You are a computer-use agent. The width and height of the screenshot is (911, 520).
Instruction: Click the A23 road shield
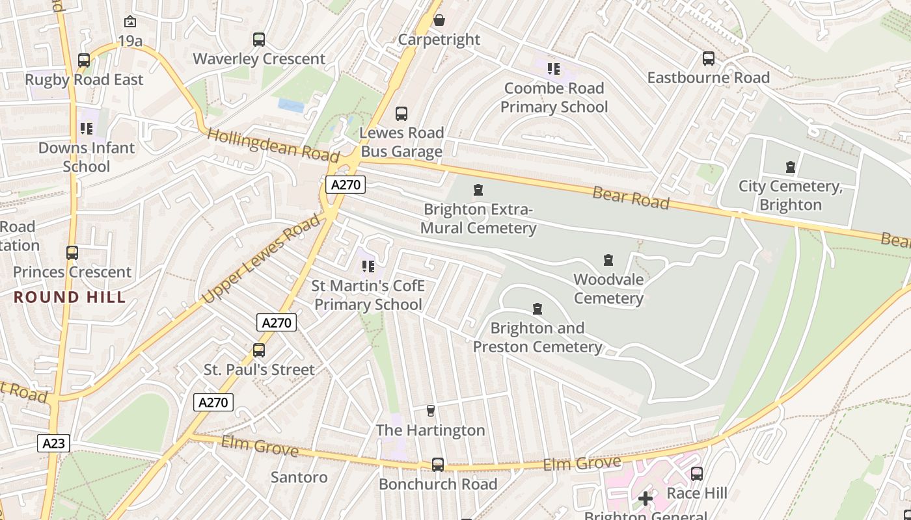(x=53, y=443)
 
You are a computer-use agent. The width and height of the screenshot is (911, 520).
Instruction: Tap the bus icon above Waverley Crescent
(x=259, y=40)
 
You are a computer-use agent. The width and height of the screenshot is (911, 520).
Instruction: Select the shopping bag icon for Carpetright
(x=439, y=20)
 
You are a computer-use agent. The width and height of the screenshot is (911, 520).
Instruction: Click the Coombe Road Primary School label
(x=554, y=97)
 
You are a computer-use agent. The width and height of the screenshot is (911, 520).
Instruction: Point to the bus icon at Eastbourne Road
(x=709, y=58)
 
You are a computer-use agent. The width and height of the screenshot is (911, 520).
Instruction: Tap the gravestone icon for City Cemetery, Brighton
(x=791, y=167)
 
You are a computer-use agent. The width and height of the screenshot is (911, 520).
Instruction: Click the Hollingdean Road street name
(x=273, y=145)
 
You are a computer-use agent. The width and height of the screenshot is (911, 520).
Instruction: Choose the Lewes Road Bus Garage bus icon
(x=401, y=114)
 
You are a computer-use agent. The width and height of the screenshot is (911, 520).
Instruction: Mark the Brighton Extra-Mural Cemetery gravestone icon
(x=478, y=190)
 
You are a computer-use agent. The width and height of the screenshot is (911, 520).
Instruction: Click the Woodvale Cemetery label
(x=608, y=289)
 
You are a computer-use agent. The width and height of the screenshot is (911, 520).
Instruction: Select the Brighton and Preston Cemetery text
(x=537, y=337)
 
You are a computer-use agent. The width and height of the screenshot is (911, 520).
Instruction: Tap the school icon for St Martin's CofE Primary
(x=368, y=266)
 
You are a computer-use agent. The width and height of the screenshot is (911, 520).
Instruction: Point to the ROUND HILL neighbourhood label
(x=70, y=298)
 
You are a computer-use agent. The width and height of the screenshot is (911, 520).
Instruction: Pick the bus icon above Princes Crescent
(x=72, y=253)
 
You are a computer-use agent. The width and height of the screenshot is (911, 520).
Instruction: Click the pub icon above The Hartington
(x=430, y=411)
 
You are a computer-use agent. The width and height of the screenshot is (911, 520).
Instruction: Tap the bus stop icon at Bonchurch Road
(x=438, y=465)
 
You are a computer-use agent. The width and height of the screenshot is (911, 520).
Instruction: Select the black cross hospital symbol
(x=646, y=499)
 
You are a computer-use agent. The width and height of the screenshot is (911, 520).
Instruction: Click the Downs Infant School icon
(x=87, y=129)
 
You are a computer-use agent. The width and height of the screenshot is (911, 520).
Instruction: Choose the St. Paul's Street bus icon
(x=259, y=350)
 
